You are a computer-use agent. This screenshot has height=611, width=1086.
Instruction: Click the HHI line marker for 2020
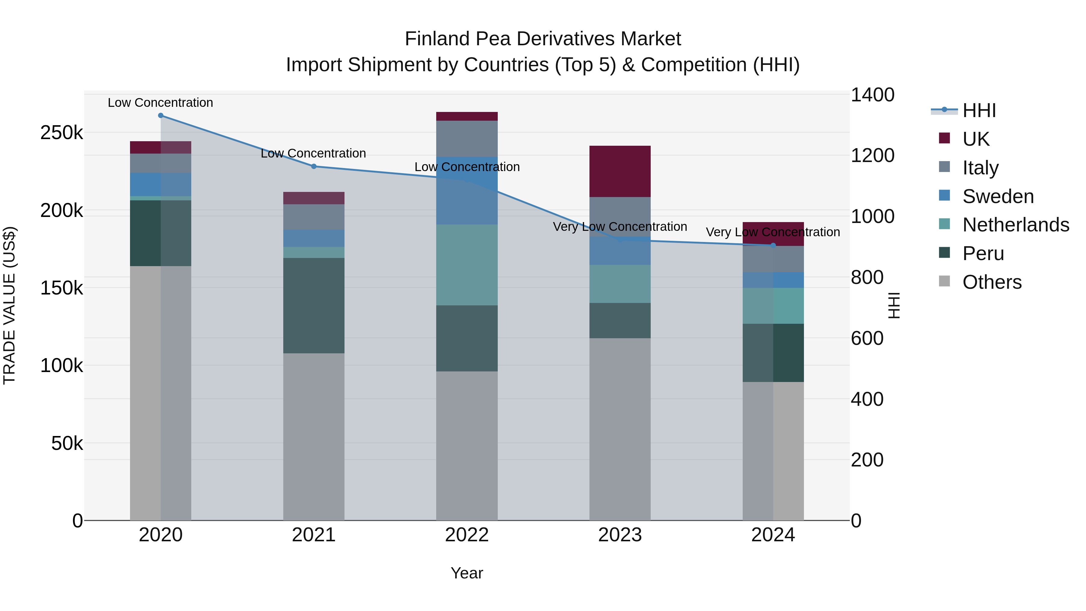[160, 116]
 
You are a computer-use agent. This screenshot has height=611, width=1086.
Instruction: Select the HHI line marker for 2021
[314, 167]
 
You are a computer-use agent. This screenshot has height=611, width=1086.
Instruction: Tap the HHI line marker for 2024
[773, 245]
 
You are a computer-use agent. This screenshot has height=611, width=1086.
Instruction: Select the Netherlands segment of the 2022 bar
[467, 265]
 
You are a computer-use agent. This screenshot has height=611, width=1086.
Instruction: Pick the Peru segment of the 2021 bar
[314, 306]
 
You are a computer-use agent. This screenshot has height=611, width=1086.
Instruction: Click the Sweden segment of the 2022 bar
[467, 191]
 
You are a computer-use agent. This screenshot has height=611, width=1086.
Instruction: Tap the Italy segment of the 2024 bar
[773, 259]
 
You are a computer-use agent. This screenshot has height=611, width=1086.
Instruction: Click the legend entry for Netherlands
[1016, 225]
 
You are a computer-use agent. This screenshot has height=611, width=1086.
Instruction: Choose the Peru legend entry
[983, 253]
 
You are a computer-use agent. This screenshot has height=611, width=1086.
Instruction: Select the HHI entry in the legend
[979, 110]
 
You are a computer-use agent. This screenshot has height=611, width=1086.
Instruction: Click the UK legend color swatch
[944, 138]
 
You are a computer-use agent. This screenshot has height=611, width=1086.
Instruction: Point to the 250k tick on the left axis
[62, 133]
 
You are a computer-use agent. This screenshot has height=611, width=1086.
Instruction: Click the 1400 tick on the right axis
[872, 95]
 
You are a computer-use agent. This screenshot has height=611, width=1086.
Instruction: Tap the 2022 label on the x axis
[467, 535]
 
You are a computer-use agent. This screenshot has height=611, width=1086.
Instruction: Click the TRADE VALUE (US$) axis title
[9, 306]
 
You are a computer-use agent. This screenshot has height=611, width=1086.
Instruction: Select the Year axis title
[467, 573]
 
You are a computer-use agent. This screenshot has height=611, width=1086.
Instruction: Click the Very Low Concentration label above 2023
[620, 227]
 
